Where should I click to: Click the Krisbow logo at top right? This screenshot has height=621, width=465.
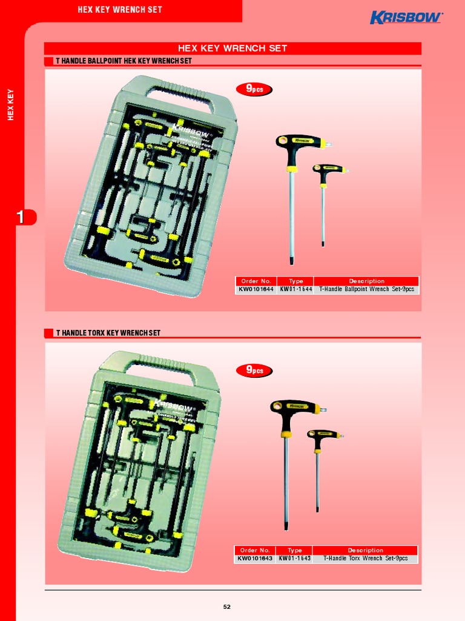[406, 18]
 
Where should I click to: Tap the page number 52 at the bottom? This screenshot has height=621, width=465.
[227, 606]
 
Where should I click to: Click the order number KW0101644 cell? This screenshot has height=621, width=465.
[256, 289]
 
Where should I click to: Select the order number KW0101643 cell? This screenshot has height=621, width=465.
[255, 559]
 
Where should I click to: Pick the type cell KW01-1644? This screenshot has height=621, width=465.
[295, 289]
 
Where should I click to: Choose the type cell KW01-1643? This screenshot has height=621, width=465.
[294, 559]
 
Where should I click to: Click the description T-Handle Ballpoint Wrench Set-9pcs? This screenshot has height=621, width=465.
[366, 289]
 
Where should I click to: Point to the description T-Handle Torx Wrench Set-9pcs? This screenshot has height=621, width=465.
[365, 559]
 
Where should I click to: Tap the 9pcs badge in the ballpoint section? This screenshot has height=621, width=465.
[254, 90]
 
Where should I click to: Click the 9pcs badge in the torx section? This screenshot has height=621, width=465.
[254, 370]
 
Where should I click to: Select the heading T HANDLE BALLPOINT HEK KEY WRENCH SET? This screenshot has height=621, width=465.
[124, 61]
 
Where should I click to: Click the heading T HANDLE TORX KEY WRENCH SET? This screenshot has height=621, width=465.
[108, 333]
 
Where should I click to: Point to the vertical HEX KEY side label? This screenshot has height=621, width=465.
[10, 104]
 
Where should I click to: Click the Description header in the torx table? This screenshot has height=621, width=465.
[365, 550]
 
